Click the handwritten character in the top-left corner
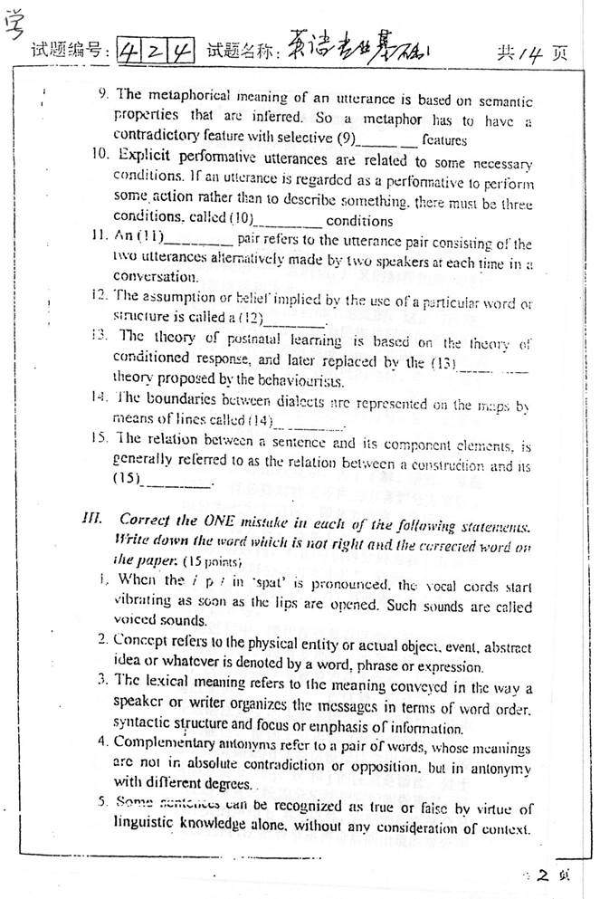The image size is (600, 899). coord(15,24)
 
